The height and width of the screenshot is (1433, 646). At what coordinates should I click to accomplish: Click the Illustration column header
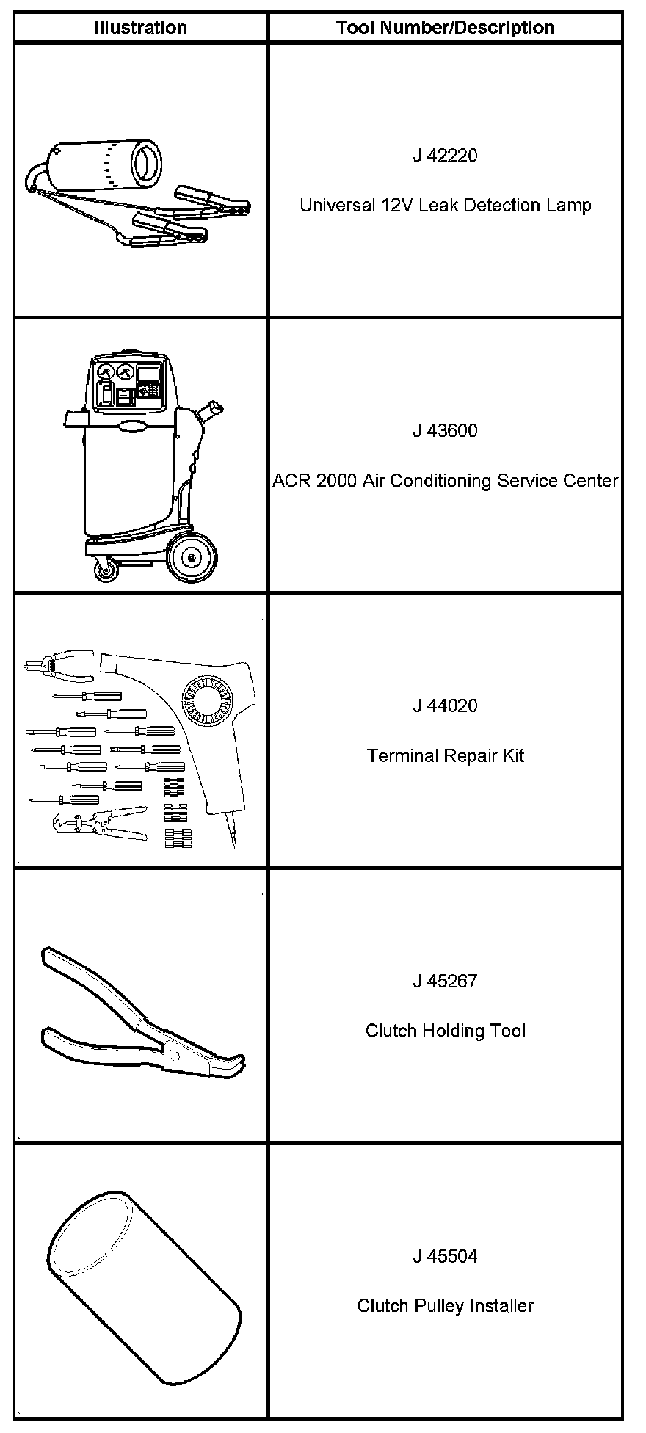[x=140, y=28]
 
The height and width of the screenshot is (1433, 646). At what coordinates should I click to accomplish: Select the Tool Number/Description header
[x=445, y=28]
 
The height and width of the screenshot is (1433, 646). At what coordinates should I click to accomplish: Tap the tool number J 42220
[x=445, y=156]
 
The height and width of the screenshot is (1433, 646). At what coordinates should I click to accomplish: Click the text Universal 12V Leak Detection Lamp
[x=445, y=206]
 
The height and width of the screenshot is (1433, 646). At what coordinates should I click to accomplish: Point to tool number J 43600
[x=445, y=431]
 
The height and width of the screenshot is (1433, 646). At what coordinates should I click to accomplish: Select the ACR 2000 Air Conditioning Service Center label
[x=445, y=481]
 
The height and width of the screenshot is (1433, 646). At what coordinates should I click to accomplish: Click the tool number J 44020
[x=445, y=706]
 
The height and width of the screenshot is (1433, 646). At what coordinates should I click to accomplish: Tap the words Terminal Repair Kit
[x=445, y=756]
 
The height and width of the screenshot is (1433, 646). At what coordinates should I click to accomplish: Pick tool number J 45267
[x=445, y=982]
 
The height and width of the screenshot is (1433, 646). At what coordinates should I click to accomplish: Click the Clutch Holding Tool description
[x=445, y=1031]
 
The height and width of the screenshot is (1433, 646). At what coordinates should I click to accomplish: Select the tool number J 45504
[x=445, y=1257]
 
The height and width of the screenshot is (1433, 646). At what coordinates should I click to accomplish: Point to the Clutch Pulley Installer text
[x=445, y=1307]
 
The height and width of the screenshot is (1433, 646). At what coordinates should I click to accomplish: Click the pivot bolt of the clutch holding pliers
[x=175, y=1056]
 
